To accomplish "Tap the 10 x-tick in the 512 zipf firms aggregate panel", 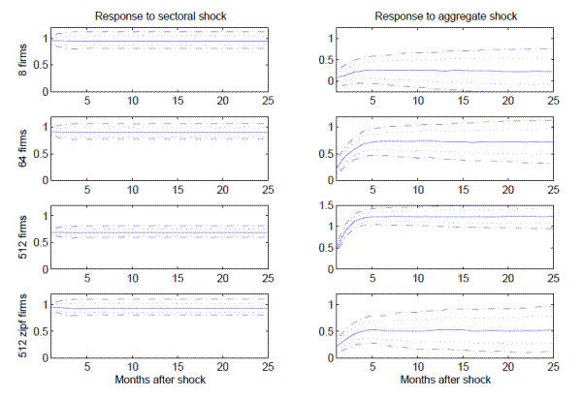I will (417, 367).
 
